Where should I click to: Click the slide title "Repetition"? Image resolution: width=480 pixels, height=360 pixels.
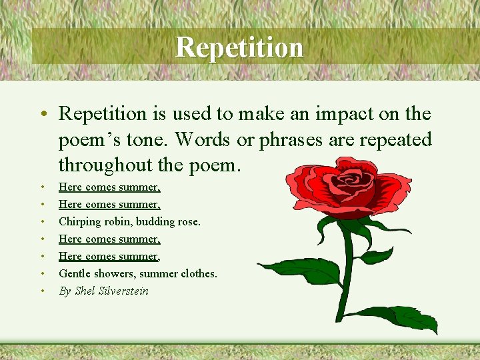coord(239,47)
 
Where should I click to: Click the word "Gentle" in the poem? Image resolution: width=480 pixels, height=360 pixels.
coord(75,273)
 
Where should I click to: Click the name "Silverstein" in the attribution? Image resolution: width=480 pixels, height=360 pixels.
coord(123,291)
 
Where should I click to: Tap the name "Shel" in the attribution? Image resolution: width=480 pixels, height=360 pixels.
coord(85,291)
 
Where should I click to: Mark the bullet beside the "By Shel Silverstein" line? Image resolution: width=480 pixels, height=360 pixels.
coord(42,291)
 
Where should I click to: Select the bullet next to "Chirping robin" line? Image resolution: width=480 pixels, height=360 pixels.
coord(42,222)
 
